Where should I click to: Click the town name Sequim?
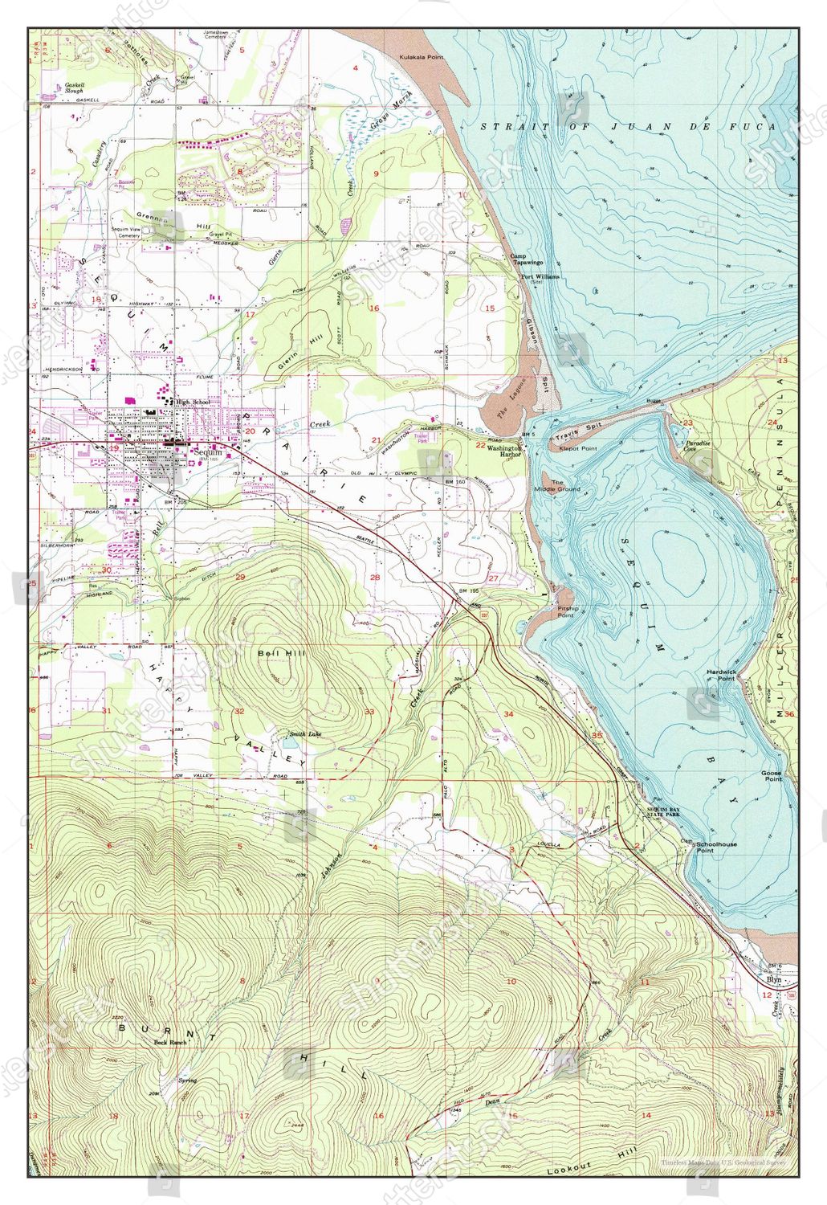[208, 452]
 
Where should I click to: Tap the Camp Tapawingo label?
[527, 259]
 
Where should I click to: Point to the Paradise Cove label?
[697, 446]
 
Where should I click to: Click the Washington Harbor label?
[505, 451]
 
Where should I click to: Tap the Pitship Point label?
[565, 612]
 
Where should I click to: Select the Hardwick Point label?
[720, 674]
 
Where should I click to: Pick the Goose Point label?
[772, 776]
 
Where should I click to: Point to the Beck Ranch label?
[170, 1042]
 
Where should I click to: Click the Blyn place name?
[773, 981]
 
